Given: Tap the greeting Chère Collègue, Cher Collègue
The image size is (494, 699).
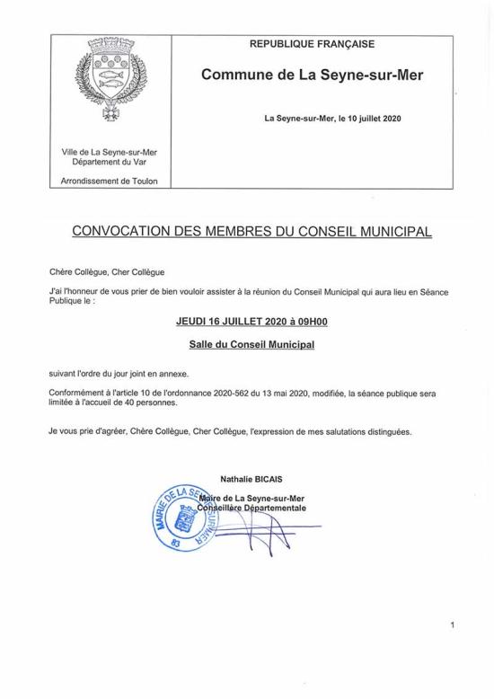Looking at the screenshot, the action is click(109, 270).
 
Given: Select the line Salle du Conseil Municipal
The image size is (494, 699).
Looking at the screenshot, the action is click(244, 343).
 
